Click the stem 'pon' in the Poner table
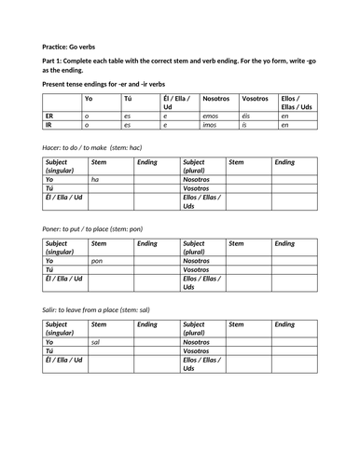pyautogui.click(x=97, y=260)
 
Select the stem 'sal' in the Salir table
pyautogui.click(x=96, y=341)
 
